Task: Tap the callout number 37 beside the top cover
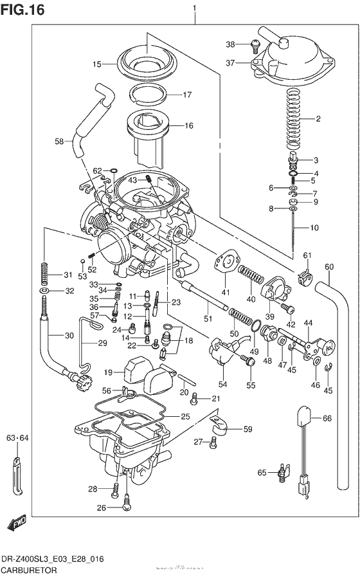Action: (x=231, y=62)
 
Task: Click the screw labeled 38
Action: (x=254, y=45)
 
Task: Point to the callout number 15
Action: (x=96, y=64)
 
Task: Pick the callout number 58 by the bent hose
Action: (x=59, y=141)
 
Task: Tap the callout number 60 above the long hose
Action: (x=328, y=267)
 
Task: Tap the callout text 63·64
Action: (x=18, y=439)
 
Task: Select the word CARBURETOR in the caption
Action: (x=28, y=570)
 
